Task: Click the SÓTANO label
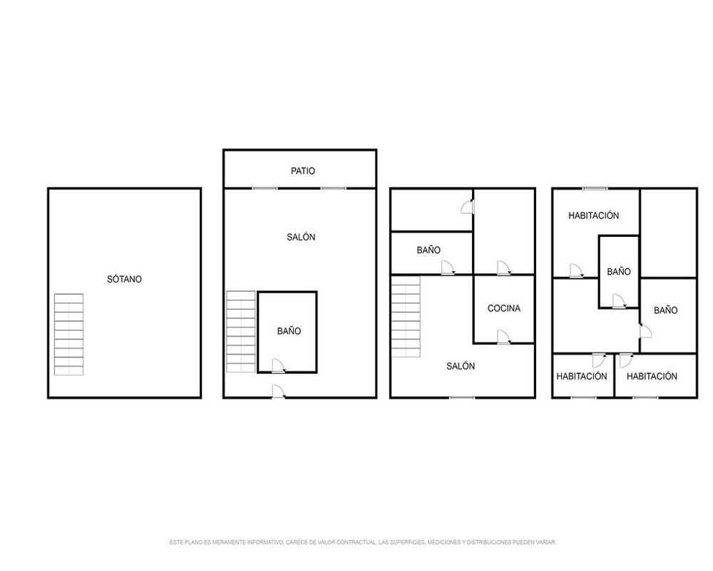coord(124,279)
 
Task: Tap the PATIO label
coord(303,171)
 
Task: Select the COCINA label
coord(504,308)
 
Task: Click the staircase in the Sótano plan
coord(68,335)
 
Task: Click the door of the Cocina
coord(504,337)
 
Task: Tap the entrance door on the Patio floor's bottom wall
coord(278,392)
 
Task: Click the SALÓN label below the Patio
coord(301,237)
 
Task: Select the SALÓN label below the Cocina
coord(461,366)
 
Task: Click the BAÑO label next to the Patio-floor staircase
coord(289,331)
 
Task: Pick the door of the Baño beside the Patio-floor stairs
coord(278,366)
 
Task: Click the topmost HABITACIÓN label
coord(593,216)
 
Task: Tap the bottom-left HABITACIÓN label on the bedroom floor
coord(582,376)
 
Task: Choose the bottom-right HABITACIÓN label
coord(652,376)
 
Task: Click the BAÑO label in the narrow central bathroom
coord(619,271)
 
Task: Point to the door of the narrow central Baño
coord(619,301)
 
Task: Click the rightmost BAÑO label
coord(666,310)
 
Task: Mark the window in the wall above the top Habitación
coord(595,188)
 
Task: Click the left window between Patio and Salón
coord(265,188)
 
